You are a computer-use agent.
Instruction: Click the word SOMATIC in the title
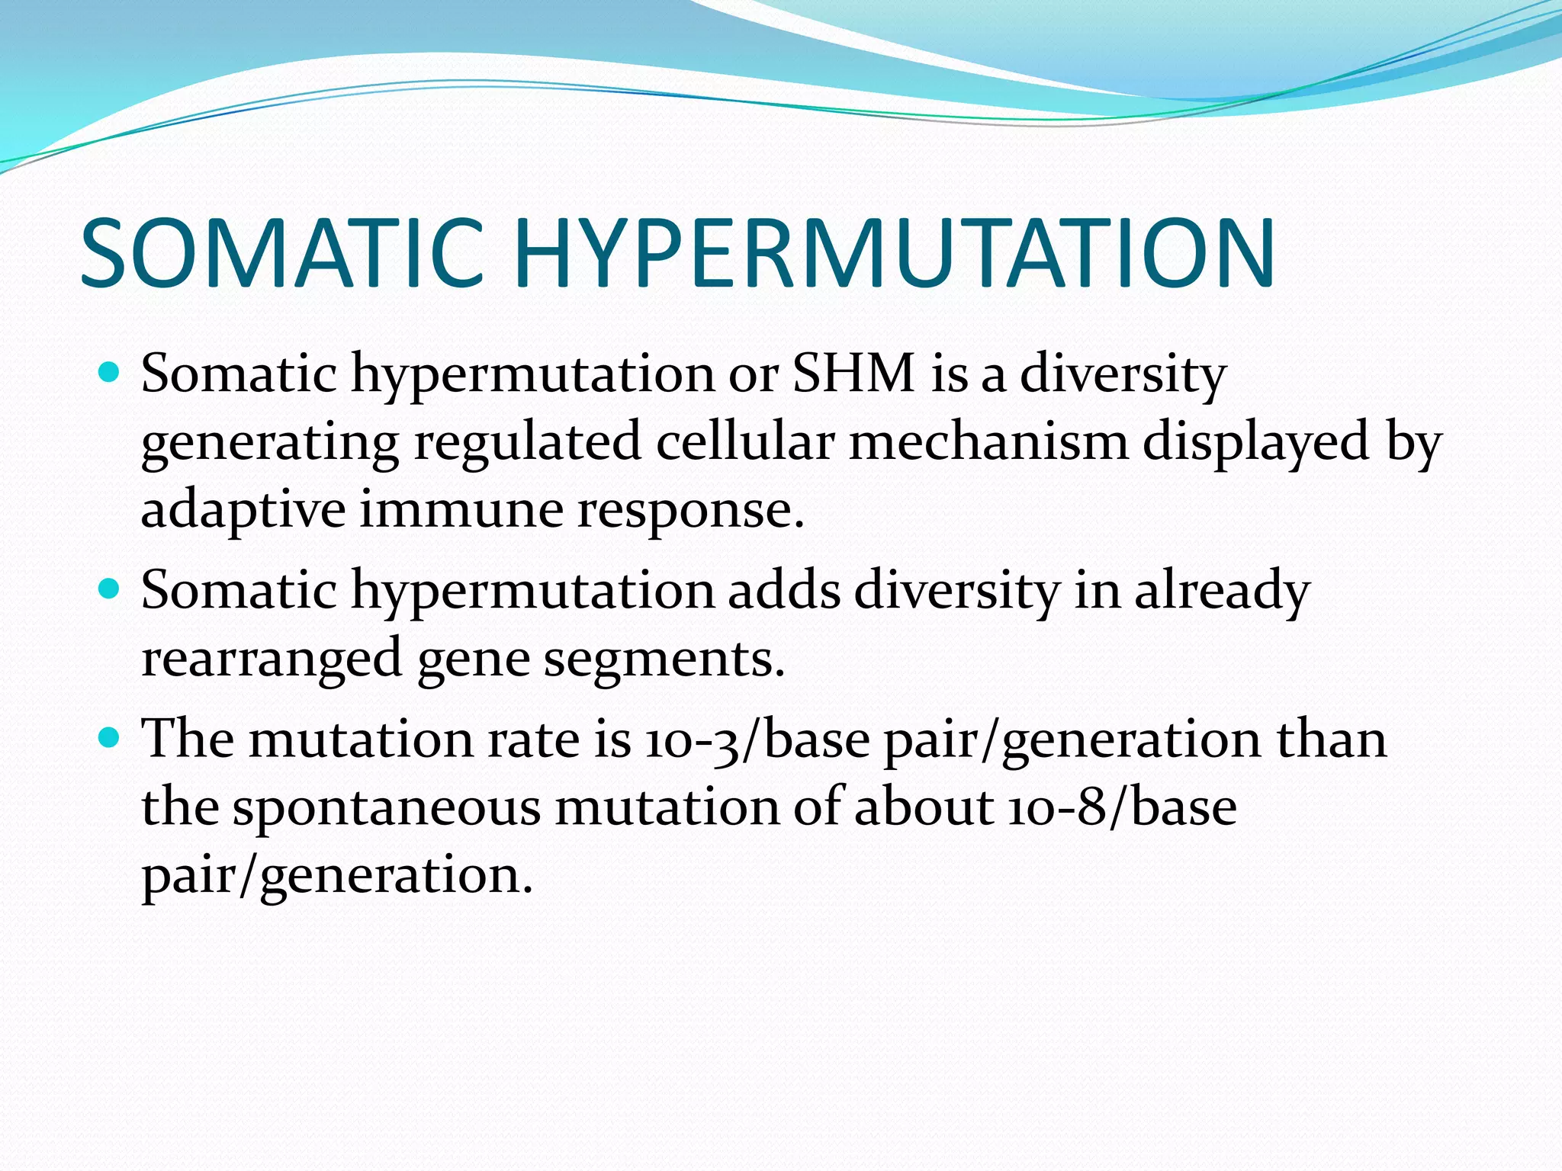point(282,253)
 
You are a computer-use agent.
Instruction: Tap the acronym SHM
point(853,374)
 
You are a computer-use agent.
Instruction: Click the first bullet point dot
point(111,374)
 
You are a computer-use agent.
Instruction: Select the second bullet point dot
point(111,589)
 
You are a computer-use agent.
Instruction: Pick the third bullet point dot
point(111,737)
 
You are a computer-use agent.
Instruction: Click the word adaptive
point(243,509)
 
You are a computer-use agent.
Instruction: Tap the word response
point(690,509)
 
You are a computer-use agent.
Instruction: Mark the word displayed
point(1255,442)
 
